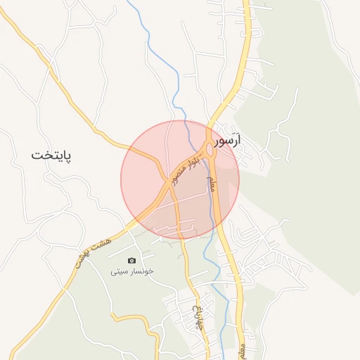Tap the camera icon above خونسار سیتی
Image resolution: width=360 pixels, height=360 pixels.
(131, 261)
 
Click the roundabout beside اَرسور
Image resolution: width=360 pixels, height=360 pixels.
(210, 148)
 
